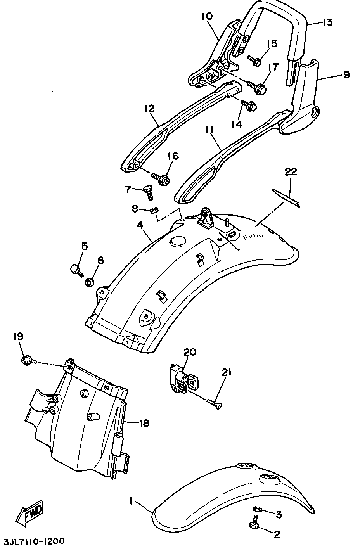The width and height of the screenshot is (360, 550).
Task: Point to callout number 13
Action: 327,22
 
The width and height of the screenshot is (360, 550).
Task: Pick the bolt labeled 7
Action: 148,190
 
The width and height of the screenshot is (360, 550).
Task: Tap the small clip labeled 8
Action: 154,211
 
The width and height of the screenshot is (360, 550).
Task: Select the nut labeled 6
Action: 89,282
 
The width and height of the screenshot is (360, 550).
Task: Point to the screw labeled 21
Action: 215,404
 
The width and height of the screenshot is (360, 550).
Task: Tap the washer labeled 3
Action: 258,508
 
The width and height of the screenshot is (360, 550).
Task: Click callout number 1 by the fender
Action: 132,502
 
